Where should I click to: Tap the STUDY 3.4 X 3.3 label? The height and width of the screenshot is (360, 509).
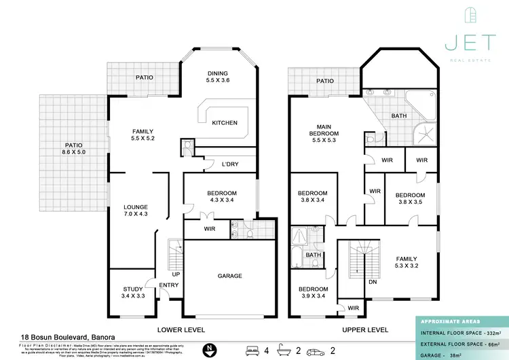(x=133, y=293)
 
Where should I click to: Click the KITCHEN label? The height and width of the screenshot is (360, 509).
(x=225, y=123)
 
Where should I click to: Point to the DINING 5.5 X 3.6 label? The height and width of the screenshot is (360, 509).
(x=219, y=77)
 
